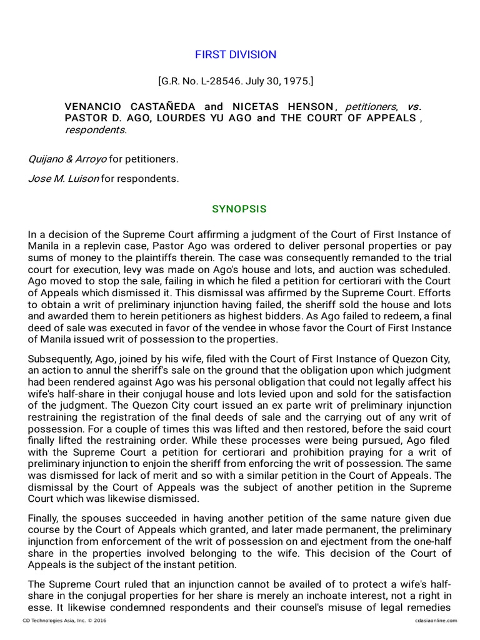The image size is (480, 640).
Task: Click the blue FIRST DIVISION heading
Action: pos(236,55)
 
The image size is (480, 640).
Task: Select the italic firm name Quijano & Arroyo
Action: pos(67,159)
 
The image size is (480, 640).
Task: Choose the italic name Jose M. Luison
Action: pos(63,179)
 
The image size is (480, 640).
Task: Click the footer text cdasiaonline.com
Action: pos(436,621)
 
